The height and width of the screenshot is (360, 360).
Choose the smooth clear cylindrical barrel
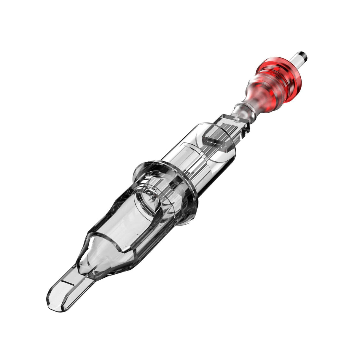pyautogui.click(x=208, y=160)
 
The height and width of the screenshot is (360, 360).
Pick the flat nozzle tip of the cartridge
pyautogui.click(x=68, y=285)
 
